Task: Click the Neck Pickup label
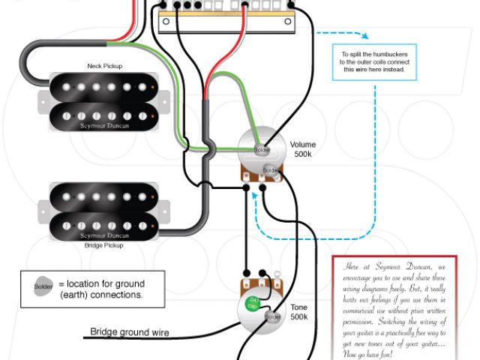click(104, 66)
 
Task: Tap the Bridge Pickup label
click(104, 244)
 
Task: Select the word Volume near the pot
click(302, 144)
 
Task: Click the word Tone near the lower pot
click(298, 307)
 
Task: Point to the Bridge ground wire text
click(130, 332)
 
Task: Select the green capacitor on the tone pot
click(254, 304)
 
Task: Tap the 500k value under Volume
click(302, 154)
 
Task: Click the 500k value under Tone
click(298, 318)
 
